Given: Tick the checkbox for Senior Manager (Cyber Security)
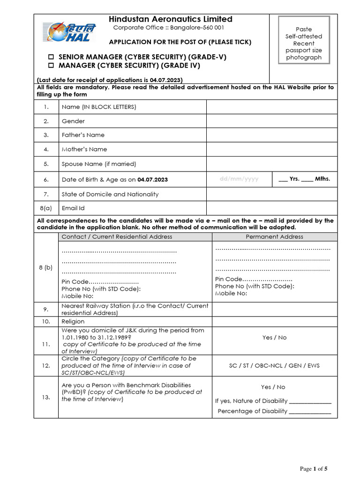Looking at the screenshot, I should [x=52, y=57].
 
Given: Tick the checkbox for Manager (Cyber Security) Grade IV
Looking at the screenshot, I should [x=52, y=66].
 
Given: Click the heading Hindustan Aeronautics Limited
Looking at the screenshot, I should [x=170, y=19].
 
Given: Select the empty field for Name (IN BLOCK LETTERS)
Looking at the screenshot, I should [x=271, y=107].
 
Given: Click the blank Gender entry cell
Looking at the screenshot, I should [x=271, y=121].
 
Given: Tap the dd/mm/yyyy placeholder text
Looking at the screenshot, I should [x=239, y=179].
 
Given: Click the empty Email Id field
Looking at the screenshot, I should [x=271, y=208].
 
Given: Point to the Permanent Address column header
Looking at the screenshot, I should [x=274, y=237].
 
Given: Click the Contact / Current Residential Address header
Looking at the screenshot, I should [x=117, y=237].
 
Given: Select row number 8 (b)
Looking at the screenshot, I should [x=45, y=267].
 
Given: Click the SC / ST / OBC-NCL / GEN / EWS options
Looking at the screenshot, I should [x=274, y=365].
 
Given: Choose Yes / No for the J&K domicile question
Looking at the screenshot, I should [x=274, y=337].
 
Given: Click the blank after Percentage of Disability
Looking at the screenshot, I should [x=310, y=412].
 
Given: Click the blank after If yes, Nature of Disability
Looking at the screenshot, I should [x=310, y=401].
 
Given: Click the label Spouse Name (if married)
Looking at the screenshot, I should [x=99, y=164].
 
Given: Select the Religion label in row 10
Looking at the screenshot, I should [x=73, y=322].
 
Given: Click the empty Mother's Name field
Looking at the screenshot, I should [x=271, y=149].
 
